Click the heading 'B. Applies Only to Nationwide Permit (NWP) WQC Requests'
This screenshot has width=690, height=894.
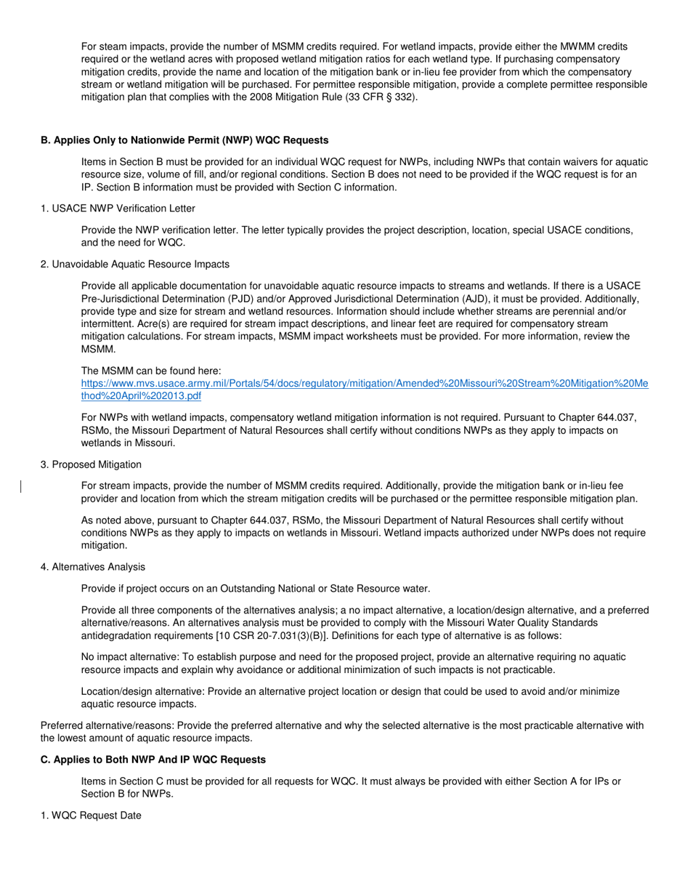click(x=184, y=140)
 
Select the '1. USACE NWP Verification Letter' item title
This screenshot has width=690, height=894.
click(x=118, y=209)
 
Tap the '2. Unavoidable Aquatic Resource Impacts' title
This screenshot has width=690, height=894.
click(x=134, y=264)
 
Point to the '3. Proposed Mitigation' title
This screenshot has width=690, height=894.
click(x=91, y=464)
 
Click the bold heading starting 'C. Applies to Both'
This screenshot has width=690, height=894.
click(x=153, y=760)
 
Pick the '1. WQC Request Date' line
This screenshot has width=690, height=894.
click(x=91, y=816)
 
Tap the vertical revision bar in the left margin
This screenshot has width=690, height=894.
click(x=21, y=486)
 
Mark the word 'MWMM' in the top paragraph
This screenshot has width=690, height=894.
click(x=561, y=46)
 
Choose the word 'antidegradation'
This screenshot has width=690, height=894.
click(x=117, y=635)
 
